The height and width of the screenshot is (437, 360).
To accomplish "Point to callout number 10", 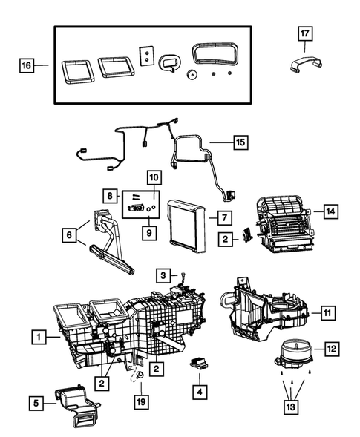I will (x=154, y=177).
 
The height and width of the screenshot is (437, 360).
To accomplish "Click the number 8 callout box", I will (x=111, y=195).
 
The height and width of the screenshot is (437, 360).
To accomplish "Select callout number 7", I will (x=220, y=217).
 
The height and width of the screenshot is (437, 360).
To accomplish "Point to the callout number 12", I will (x=331, y=347).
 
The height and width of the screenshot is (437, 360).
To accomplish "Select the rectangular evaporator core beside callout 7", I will (x=188, y=220).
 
